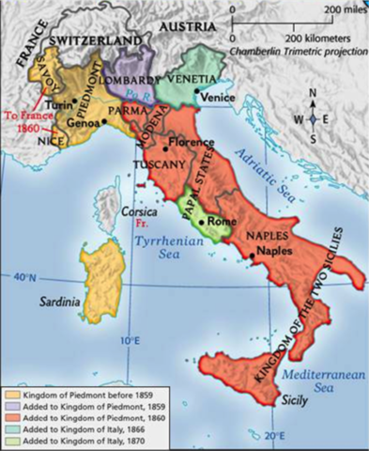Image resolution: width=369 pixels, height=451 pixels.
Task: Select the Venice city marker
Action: tap(195, 94)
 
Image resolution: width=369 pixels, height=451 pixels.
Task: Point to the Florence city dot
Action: tap(164, 148)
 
